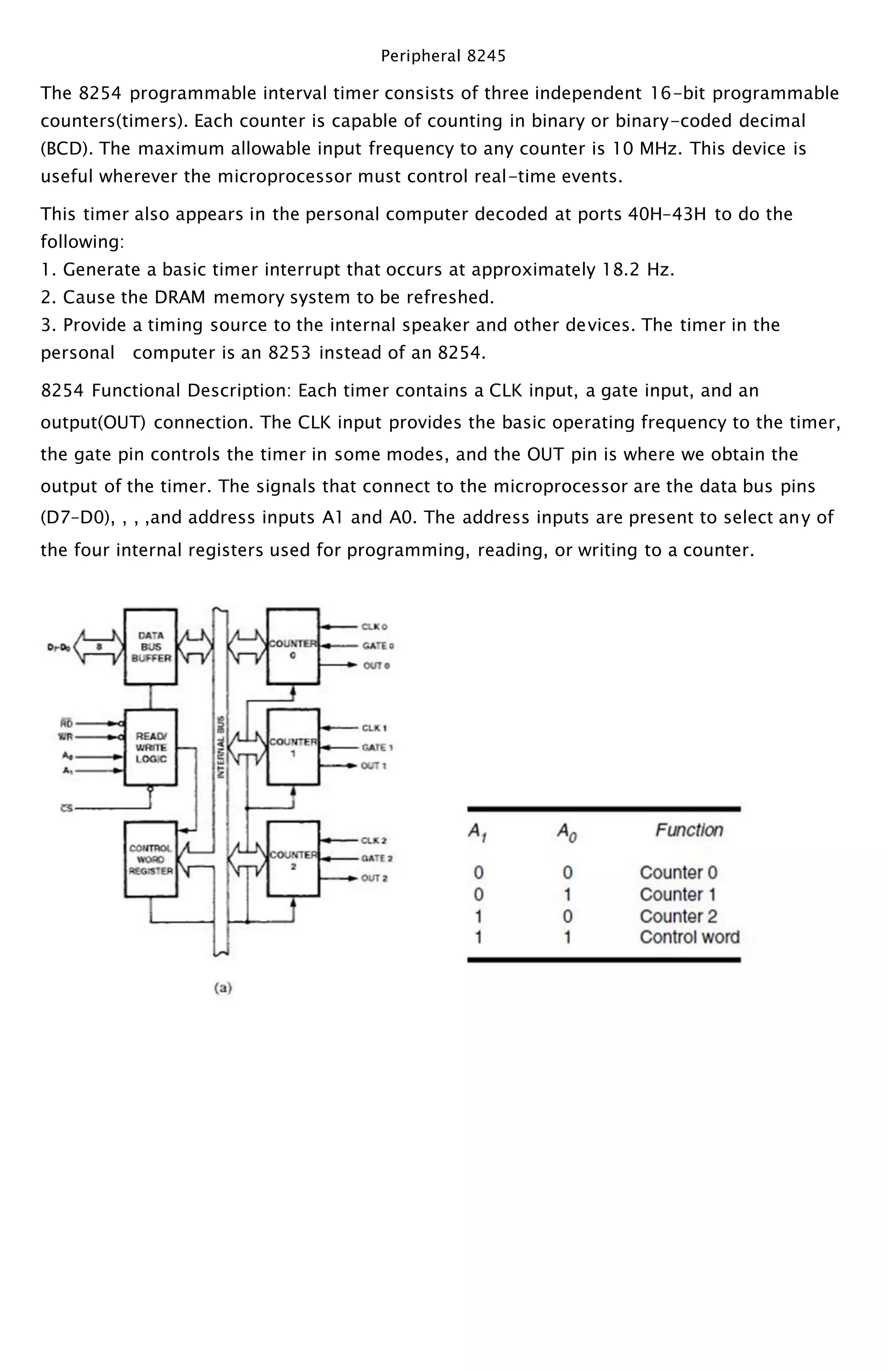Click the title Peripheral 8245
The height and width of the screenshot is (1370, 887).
pyautogui.click(x=443, y=56)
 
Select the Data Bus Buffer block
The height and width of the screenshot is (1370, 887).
pyautogui.click(x=151, y=646)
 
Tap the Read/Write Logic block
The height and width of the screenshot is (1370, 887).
pyautogui.click(x=151, y=747)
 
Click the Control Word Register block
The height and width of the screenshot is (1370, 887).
pyautogui.click(x=151, y=859)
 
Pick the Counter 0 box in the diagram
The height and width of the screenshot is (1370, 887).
pyautogui.click(x=293, y=646)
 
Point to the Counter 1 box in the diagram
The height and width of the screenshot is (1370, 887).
pyautogui.click(x=293, y=747)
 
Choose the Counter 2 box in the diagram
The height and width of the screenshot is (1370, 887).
pyautogui.click(x=293, y=859)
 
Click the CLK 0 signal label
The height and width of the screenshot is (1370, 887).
pyautogui.click(x=374, y=626)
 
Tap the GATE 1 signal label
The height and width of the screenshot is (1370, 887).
pyautogui.click(x=377, y=747)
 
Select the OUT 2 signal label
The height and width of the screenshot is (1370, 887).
pyautogui.click(x=374, y=878)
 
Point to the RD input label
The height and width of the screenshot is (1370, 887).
pyautogui.click(x=66, y=723)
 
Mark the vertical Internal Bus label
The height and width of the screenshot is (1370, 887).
pyautogui.click(x=220, y=747)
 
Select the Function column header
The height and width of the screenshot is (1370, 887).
pyautogui.click(x=689, y=830)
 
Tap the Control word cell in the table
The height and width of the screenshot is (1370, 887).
pyautogui.click(x=689, y=937)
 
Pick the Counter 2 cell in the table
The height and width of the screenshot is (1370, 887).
pyautogui.click(x=678, y=916)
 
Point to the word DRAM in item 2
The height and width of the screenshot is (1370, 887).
pyautogui.click(x=180, y=298)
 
